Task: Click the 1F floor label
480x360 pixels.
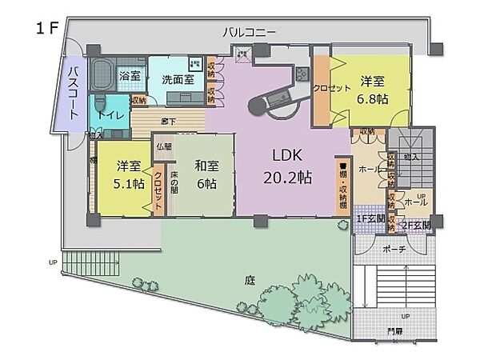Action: coord(45,28)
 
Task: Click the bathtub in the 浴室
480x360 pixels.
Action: coord(101,77)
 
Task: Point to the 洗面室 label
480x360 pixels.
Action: coord(178,79)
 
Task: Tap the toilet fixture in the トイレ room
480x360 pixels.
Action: coord(100,104)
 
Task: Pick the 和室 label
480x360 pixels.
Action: coord(206,166)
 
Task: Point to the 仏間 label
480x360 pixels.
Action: coord(164,146)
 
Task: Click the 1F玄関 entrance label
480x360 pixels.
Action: coord(370,218)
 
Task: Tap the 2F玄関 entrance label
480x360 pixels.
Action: coord(416,226)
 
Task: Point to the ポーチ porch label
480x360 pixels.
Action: coord(394,249)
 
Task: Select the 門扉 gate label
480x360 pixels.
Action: coord(396,331)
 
